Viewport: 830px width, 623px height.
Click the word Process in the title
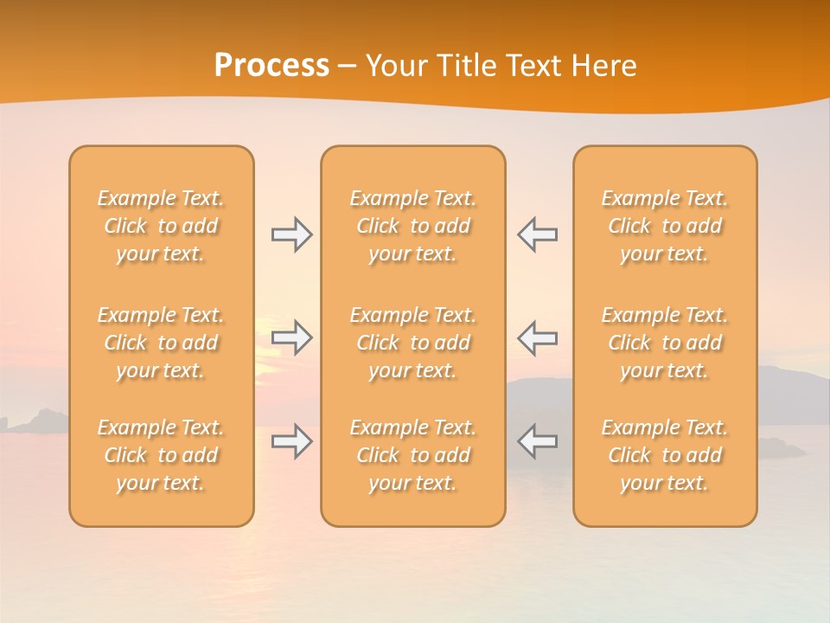click(x=271, y=66)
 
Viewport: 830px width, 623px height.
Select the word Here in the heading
click(x=604, y=66)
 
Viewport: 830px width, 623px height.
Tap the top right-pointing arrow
click(x=292, y=234)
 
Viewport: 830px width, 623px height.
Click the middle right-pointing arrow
click(x=292, y=337)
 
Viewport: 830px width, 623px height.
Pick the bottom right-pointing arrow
click(x=292, y=441)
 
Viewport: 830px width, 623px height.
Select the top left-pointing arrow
click(x=537, y=234)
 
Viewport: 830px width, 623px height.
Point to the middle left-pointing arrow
click(x=537, y=337)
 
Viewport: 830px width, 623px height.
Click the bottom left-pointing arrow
click(x=537, y=441)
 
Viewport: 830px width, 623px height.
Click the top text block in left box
click(x=161, y=226)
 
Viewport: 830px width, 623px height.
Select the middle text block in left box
click(x=161, y=343)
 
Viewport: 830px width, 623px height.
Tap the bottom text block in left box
click(x=161, y=455)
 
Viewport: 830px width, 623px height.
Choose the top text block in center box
click(x=413, y=226)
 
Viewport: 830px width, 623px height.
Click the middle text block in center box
click(x=413, y=343)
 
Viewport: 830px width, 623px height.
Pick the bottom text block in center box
click(x=413, y=455)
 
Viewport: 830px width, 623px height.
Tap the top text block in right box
click(x=665, y=226)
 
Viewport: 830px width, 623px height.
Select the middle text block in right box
click(x=665, y=343)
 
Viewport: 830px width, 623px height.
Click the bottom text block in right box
click(x=665, y=455)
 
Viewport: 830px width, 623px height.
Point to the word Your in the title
click(x=395, y=66)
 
